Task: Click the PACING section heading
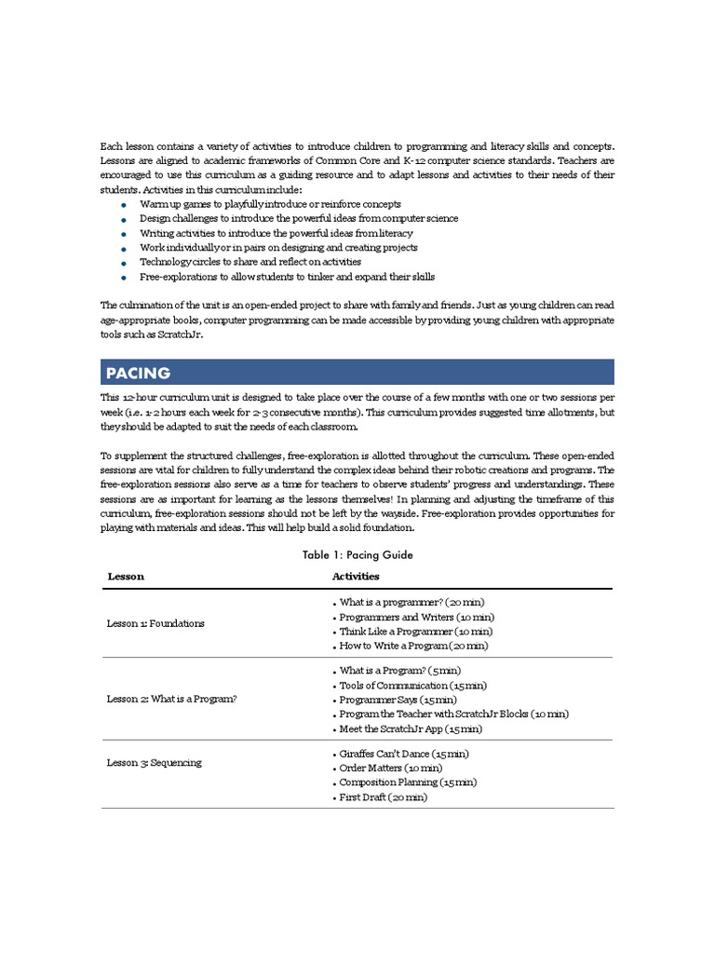[x=138, y=373]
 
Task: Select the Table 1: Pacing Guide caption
[x=357, y=554]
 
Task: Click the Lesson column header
[x=126, y=577]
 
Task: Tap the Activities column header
[x=356, y=577]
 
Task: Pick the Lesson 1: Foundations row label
[x=155, y=623]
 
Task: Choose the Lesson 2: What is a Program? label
[x=171, y=698]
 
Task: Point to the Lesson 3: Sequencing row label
[x=154, y=762]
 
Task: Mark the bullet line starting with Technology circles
[x=250, y=262]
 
